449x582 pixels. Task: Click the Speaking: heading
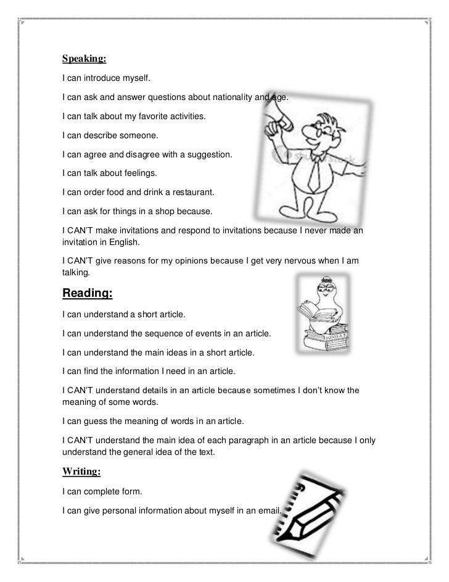click(x=84, y=59)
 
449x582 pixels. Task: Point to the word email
click(x=266, y=511)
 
